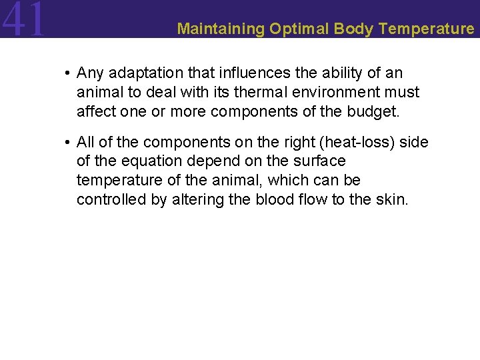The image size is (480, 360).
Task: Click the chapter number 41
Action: click(x=24, y=19)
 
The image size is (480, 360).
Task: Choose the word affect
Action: click(x=95, y=111)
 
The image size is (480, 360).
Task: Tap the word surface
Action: click(x=321, y=161)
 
